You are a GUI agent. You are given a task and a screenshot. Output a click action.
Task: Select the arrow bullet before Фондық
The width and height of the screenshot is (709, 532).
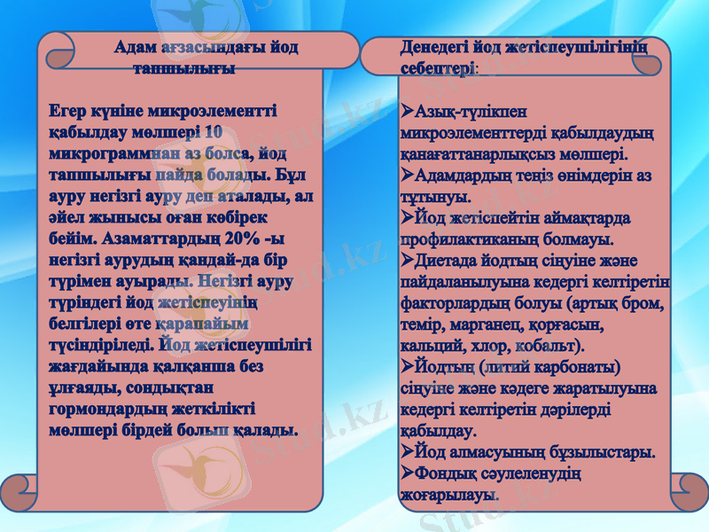[407, 474]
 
